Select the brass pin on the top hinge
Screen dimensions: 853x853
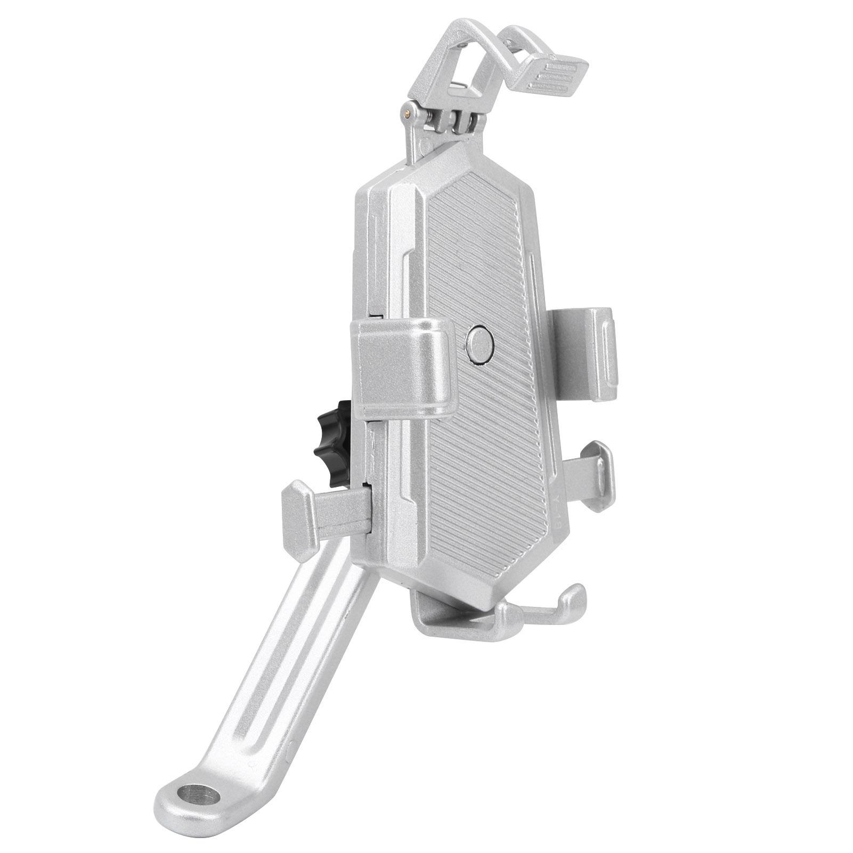coord(408,112)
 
